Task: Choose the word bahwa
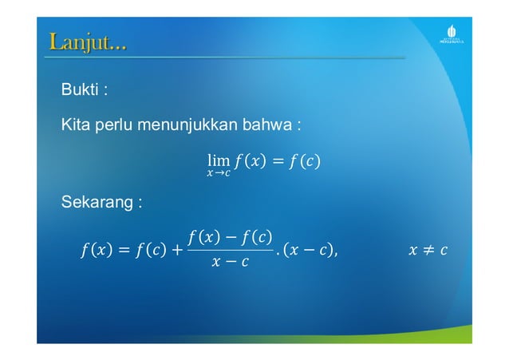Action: tap(269, 125)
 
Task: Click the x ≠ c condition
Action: tap(427, 251)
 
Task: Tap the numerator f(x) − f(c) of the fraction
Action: tap(230, 236)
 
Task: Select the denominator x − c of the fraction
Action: tap(230, 263)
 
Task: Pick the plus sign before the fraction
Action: tap(174, 251)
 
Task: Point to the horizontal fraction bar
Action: tap(230, 249)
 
